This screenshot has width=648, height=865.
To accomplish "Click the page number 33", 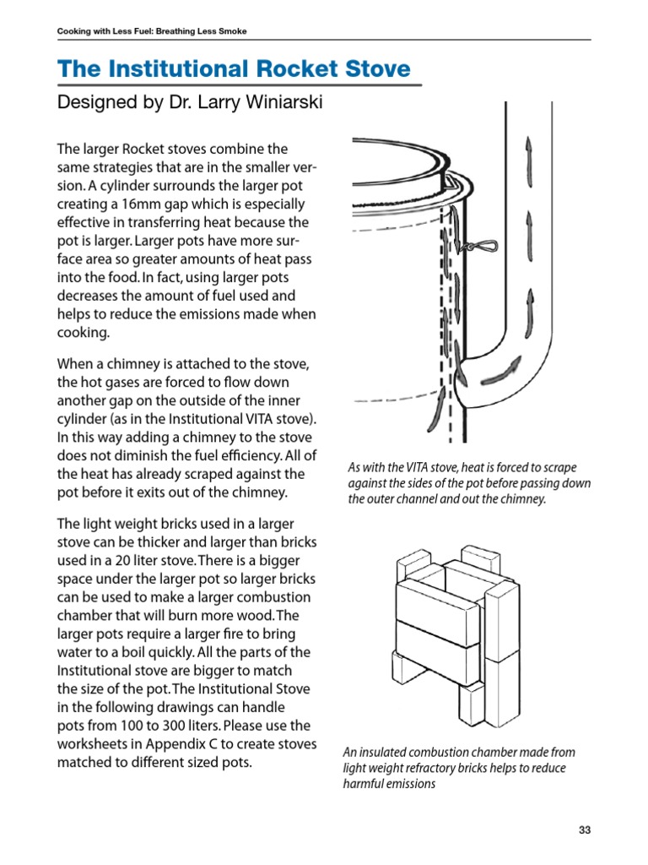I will (585, 830).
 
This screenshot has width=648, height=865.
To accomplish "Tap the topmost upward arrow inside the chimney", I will (530, 155).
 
